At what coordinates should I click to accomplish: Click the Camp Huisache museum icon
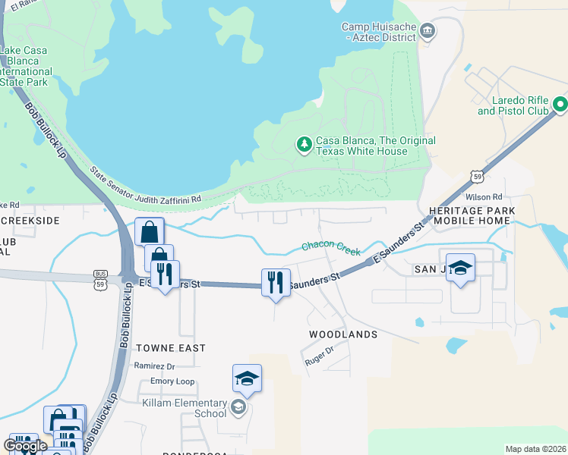click(x=428, y=31)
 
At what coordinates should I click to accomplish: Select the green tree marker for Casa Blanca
click(x=304, y=144)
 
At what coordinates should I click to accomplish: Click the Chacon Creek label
click(x=330, y=247)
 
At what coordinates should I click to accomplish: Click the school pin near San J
click(x=460, y=268)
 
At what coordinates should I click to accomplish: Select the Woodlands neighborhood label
click(x=343, y=334)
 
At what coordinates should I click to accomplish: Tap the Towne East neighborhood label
click(x=171, y=348)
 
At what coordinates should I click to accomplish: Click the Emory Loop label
click(x=172, y=381)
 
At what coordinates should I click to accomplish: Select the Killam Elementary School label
click(x=185, y=408)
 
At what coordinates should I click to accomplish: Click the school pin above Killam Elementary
click(x=247, y=378)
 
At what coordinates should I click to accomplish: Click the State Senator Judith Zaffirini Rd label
click(x=146, y=186)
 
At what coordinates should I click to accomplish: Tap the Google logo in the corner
click(x=24, y=446)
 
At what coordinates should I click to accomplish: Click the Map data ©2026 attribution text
click(x=536, y=449)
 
